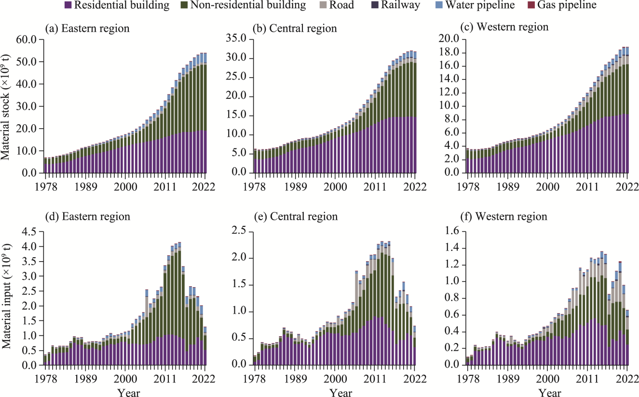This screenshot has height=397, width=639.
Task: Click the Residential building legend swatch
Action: click(68, 6)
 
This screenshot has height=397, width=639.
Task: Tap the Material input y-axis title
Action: click(9, 299)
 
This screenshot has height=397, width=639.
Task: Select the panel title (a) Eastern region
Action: click(87, 28)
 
